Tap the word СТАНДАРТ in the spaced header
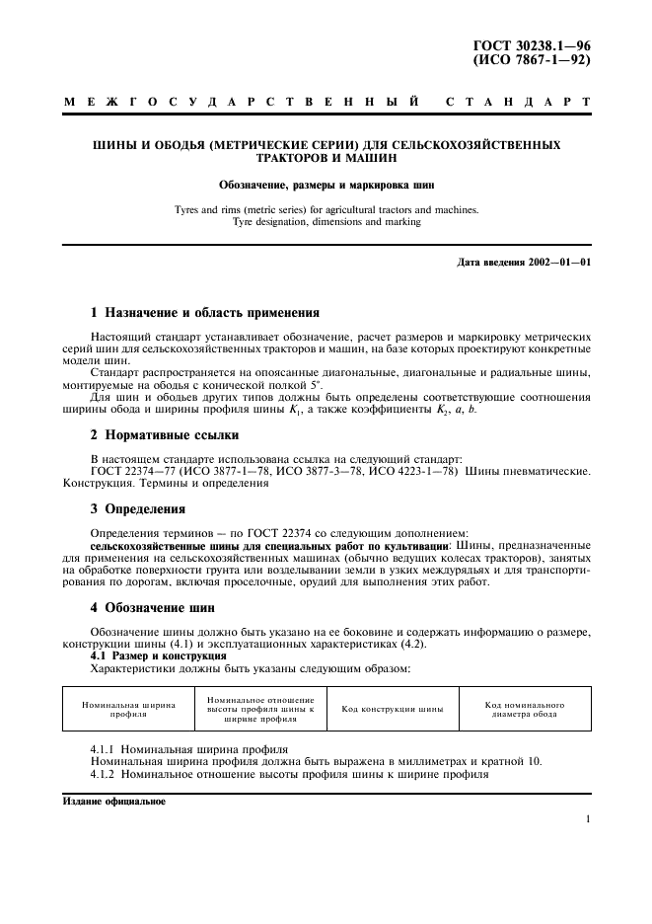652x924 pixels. tap(519, 102)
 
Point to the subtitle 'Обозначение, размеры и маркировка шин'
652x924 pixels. tap(326, 184)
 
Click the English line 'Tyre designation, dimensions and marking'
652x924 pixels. tap(326, 222)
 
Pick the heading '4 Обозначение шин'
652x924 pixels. tap(159, 607)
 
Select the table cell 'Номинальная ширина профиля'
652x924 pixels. tap(129, 710)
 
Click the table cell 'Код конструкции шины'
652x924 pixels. tap(392, 710)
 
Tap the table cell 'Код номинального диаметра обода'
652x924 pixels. tap(525, 710)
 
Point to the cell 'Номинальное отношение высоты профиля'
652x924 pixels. tap(260, 710)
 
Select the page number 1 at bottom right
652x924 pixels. tap(587, 818)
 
